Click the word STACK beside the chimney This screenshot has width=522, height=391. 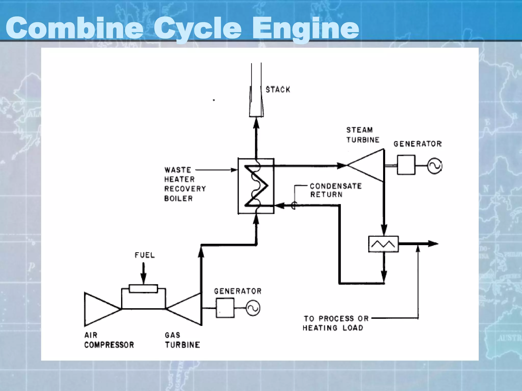point(278,90)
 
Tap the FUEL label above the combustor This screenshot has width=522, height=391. point(145,255)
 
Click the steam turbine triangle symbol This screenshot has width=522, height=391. point(370,165)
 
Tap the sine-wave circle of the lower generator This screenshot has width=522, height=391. point(253,308)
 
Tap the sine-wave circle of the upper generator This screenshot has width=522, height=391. point(435,166)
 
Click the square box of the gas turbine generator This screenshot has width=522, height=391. point(225,308)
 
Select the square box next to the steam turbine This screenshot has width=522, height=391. point(406,165)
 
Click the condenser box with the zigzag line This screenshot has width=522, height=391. point(383,244)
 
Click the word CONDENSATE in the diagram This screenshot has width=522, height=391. point(336,186)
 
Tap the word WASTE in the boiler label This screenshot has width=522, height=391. point(178,170)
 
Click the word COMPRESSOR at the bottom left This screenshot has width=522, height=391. point(109,345)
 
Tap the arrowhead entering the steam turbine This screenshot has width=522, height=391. point(342,166)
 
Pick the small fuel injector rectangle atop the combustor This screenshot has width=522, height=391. point(143,289)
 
